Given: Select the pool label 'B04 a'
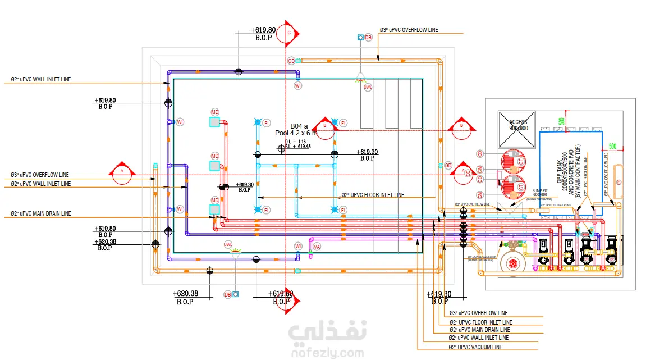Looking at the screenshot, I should (x=299, y=126).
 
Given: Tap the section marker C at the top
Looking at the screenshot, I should (x=289, y=33).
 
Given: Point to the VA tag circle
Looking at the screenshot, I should (x=317, y=246).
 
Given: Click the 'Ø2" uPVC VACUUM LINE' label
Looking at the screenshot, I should (x=475, y=348).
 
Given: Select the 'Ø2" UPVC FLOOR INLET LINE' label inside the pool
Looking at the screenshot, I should (x=373, y=195).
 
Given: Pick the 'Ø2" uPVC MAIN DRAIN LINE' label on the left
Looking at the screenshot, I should (x=41, y=213).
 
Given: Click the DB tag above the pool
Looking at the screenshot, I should (x=368, y=38).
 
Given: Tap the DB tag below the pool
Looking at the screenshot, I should (x=227, y=294).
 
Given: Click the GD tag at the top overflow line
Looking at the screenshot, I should (x=291, y=60).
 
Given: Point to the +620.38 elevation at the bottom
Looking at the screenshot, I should (x=185, y=294).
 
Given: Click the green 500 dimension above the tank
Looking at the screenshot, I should (x=561, y=121).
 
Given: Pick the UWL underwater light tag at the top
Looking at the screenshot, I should (x=368, y=87).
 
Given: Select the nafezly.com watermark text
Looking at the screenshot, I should (x=327, y=353).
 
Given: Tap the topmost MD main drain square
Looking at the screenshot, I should (x=214, y=122).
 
